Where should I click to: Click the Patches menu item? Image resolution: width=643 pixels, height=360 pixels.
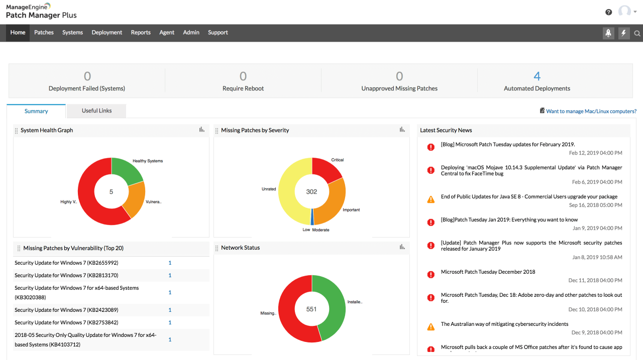[x=44, y=33]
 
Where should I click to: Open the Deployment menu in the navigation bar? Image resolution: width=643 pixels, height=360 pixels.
[x=106, y=33]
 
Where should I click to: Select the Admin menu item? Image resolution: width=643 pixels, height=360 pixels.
[x=191, y=33]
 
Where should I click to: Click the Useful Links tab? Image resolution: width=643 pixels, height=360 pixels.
[x=96, y=111]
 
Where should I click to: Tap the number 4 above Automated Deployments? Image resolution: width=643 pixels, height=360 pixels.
[x=537, y=76]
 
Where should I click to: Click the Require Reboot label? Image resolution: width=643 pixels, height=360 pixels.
[x=243, y=88]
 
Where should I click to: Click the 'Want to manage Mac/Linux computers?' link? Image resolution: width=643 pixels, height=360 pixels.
[x=591, y=111]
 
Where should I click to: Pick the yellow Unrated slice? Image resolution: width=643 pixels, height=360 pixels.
[x=288, y=191]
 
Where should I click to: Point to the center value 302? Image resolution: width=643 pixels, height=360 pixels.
[x=311, y=191]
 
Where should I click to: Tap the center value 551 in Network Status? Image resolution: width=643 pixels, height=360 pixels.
[x=311, y=309]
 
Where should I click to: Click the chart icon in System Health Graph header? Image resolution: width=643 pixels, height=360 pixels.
[x=202, y=130]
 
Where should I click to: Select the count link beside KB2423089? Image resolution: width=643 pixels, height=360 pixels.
[x=170, y=310]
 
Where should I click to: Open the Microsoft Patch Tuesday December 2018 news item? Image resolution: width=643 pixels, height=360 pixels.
[x=488, y=272]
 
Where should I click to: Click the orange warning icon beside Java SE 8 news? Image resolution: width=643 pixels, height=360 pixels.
[x=431, y=199]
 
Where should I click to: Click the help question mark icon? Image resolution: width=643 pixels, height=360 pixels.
[x=609, y=12]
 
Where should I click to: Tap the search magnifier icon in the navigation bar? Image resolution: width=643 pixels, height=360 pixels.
[x=637, y=34]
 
